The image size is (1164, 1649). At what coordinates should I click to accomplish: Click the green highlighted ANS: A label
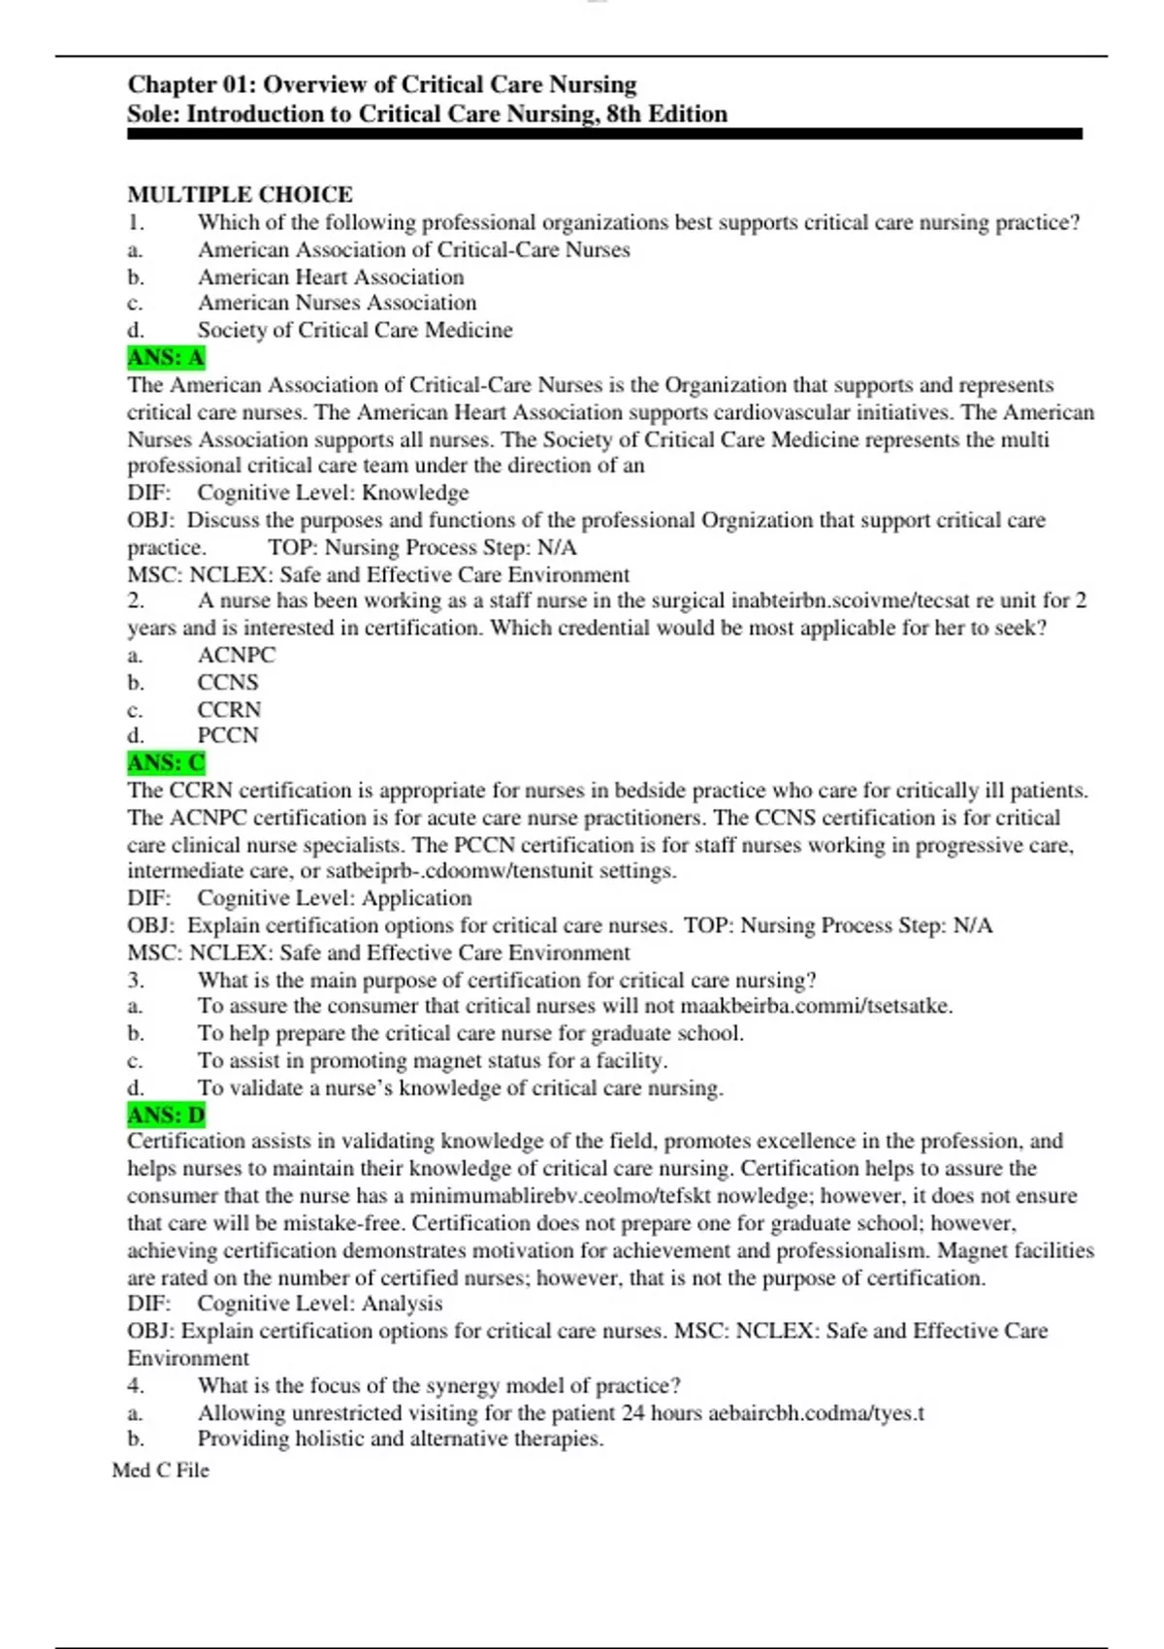166,358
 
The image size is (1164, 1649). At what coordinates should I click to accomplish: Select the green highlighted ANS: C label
166,763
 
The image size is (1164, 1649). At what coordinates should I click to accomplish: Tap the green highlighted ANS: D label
166,1115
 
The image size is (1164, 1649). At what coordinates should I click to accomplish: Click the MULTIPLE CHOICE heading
240,194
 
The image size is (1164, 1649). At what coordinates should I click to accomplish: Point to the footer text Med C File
160,1471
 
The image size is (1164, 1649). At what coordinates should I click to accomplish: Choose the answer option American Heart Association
331,277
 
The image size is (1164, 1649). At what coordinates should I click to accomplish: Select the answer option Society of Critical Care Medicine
355,331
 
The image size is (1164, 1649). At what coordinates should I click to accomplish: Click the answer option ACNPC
237,656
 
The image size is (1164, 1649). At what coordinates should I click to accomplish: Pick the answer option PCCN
228,736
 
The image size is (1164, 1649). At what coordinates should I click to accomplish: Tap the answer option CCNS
228,683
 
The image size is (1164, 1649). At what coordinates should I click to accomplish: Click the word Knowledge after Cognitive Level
415,493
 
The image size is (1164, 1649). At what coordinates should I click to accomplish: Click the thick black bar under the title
604,135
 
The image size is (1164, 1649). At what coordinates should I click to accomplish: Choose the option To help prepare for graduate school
470,1034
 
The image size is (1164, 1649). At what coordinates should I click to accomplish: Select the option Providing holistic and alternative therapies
401,1439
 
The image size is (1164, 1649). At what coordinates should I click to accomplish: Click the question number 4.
136,1386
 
